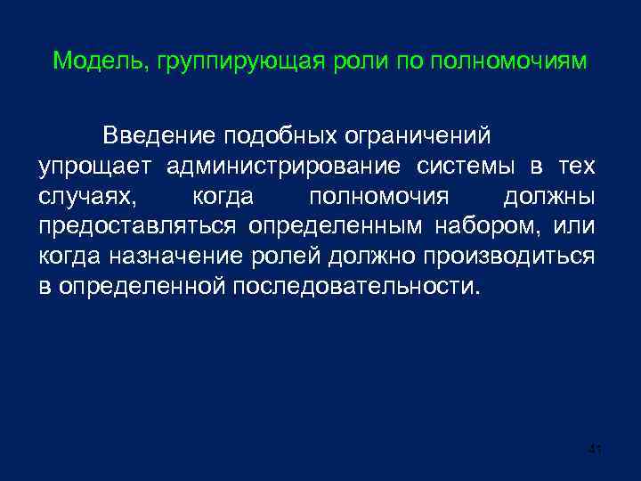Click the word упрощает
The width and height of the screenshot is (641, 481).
click(95, 167)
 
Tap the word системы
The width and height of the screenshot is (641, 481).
click(477, 167)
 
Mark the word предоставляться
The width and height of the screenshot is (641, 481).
click(136, 226)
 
